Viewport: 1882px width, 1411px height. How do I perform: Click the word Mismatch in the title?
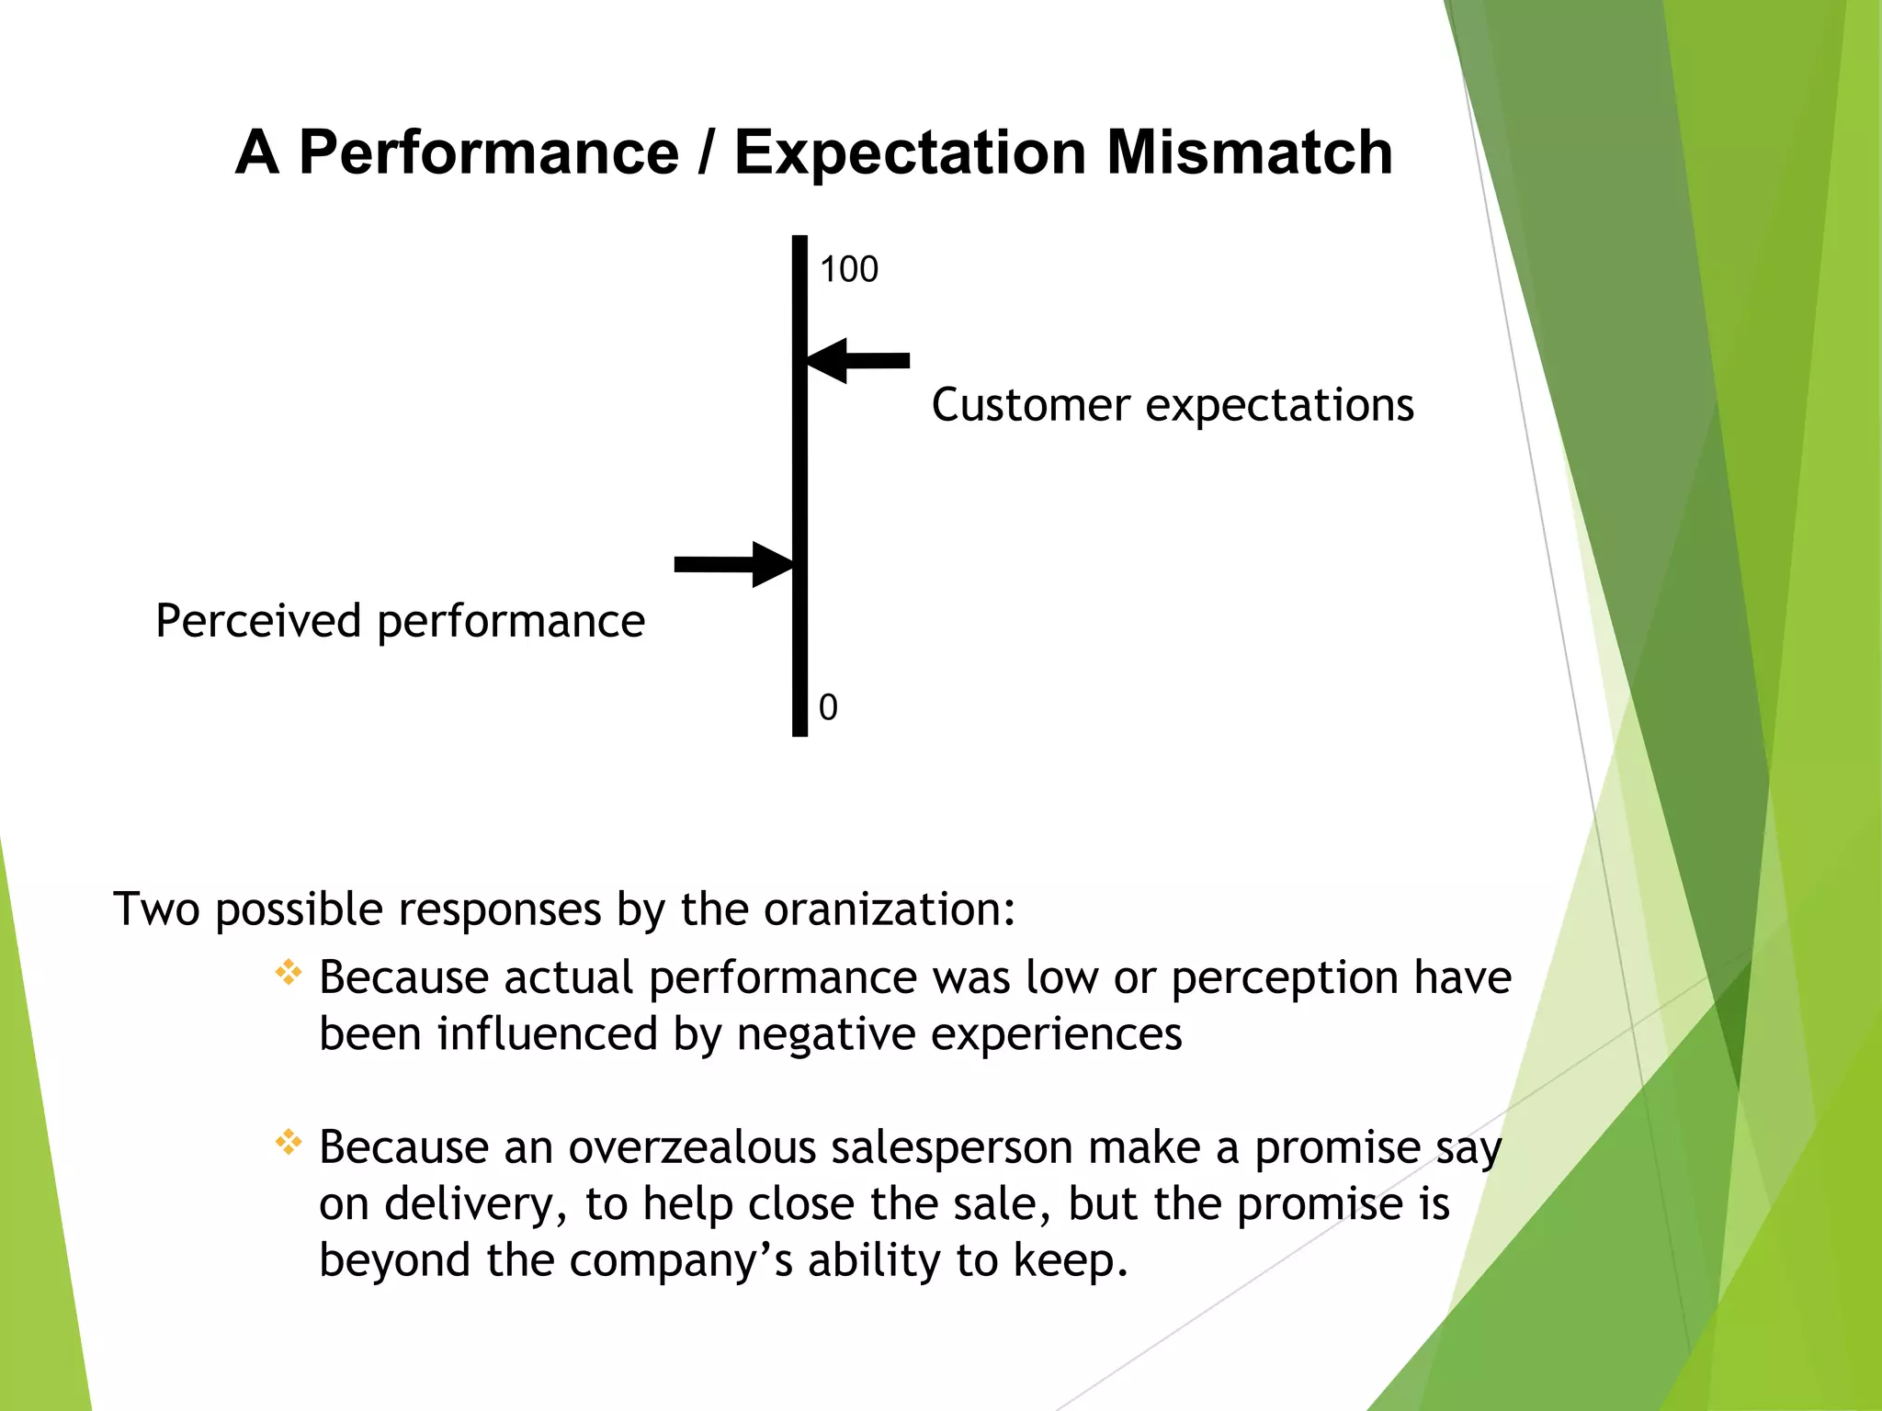1250,152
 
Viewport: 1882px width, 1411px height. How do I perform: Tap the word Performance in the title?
489,152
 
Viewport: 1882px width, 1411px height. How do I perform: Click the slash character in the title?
706,152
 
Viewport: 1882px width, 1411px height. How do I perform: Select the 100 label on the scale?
848,270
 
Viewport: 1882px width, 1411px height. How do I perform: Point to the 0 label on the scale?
828,708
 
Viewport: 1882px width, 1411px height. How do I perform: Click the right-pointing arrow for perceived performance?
732,564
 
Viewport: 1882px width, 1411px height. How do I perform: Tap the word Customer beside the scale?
1030,405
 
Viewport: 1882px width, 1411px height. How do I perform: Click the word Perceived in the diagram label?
258,622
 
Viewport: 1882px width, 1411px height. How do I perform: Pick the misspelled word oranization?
889,909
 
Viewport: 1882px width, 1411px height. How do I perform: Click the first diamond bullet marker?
289,973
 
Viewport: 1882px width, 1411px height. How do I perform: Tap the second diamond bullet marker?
289,1143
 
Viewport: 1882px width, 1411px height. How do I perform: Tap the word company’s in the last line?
680,1262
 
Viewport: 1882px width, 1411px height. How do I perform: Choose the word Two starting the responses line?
156,909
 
